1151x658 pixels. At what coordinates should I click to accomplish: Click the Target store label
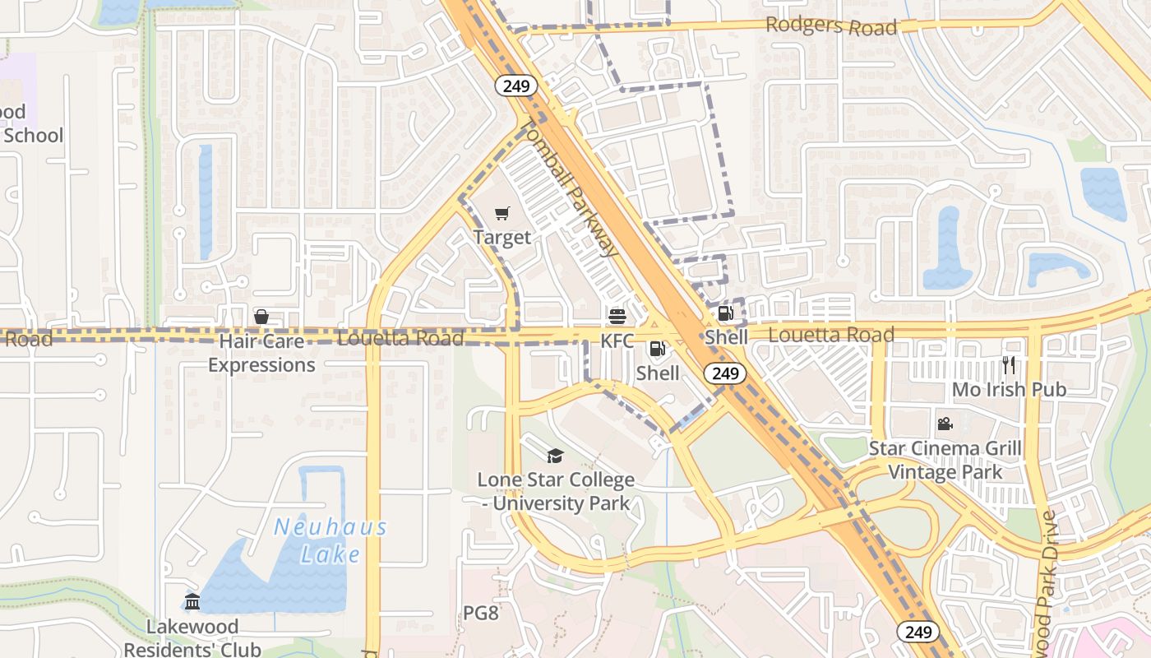tap(502, 238)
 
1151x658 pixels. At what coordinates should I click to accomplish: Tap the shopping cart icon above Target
tap(502, 214)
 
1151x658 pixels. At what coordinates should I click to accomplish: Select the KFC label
tap(617, 341)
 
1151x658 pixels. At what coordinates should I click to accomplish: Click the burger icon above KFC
tap(617, 317)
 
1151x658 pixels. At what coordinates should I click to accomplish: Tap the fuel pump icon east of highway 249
tap(725, 313)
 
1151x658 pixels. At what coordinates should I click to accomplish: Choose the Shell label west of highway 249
tap(659, 373)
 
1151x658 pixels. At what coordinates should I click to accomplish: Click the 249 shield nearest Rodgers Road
tap(516, 86)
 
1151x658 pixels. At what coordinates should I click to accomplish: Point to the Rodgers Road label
tap(831, 26)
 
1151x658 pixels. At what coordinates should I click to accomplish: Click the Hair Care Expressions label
tap(261, 353)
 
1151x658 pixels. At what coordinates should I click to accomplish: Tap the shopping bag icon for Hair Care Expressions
tap(261, 317)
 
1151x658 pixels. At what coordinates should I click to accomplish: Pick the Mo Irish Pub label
tap(1009, 389)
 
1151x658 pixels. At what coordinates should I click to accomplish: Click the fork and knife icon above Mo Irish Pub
tap(1009, 365)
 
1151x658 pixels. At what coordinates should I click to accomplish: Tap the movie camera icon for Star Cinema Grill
tap(945, 424)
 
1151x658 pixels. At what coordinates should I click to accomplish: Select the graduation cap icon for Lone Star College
tap(556, 456)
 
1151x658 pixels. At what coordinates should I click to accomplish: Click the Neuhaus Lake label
tap(330, 540)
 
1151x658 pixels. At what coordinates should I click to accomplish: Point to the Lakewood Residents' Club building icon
tap(192, 602)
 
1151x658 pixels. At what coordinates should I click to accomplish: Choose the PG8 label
tap(481, 613)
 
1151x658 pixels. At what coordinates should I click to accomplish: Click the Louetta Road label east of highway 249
tap(831, 335)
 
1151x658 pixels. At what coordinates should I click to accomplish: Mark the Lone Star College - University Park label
tap(556, 491)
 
